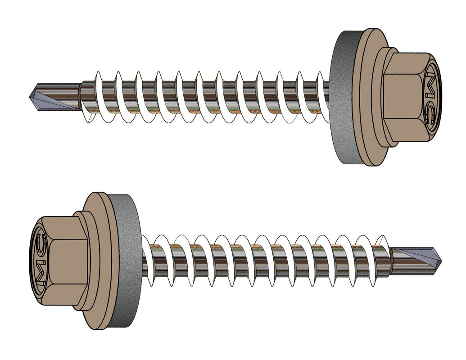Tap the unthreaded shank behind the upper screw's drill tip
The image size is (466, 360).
pyautogui.click(x=68, y=90)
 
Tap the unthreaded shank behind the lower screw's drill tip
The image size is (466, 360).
pyautogui.click(x=401, y=263)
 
